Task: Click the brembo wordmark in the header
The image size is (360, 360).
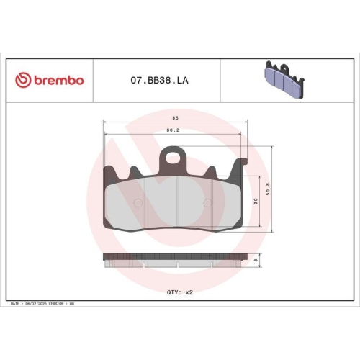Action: [58, 80]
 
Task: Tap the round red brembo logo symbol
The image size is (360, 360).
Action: [22, 80]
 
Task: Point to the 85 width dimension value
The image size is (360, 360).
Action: [175, 116]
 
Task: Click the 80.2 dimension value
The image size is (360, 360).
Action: [172, 130]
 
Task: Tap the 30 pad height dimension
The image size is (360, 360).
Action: [256, 201]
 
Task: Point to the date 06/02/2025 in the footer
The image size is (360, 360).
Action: [39, 304]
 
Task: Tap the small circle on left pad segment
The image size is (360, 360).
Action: [138, 203]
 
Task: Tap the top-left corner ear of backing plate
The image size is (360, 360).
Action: [109, 173]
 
